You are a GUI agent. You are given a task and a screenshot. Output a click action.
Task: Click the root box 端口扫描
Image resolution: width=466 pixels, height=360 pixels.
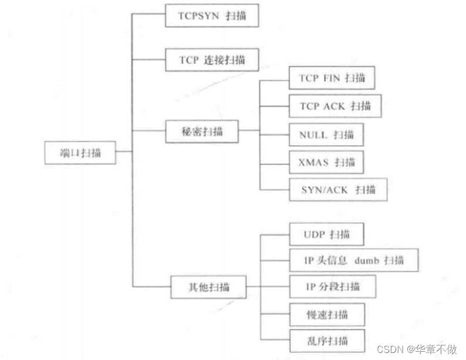80,153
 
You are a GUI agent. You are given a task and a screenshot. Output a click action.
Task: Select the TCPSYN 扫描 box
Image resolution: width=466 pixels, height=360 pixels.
211,16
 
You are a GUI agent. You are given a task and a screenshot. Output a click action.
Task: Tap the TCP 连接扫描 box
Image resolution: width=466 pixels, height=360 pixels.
212,59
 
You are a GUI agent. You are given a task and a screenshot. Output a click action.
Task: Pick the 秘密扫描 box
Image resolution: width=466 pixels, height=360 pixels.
202,131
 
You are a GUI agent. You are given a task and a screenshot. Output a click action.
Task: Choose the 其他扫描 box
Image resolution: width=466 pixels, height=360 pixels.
208,287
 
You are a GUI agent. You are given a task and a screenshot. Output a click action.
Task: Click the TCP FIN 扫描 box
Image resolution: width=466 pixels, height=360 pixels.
332,78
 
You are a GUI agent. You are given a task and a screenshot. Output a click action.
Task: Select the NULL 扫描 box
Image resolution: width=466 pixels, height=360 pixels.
326,134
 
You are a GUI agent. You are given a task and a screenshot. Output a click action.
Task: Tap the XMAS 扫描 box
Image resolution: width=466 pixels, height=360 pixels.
327,162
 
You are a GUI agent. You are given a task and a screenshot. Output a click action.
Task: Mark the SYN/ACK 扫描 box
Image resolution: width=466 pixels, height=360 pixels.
337,189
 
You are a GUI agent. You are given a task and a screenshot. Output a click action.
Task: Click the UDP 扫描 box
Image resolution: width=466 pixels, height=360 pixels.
327,234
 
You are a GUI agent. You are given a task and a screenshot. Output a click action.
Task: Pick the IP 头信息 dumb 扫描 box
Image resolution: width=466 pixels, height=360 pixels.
354,260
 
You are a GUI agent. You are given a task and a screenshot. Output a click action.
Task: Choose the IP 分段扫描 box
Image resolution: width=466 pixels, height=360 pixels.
332,287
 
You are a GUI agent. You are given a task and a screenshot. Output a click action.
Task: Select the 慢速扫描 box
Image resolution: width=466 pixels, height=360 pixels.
327,314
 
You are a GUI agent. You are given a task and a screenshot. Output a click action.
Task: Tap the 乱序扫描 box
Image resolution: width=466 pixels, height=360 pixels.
327,341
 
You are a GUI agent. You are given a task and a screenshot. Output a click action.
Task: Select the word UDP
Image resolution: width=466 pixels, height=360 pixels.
314,234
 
